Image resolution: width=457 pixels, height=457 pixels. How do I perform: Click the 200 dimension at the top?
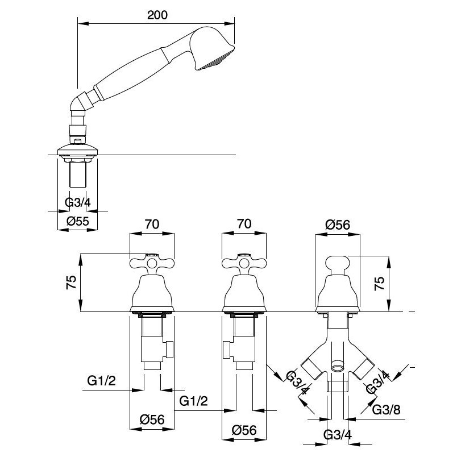tap(157, 15)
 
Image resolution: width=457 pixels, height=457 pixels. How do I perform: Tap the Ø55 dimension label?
tap(77, 221)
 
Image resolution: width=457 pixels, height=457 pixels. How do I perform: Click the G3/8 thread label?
tap(387, 410)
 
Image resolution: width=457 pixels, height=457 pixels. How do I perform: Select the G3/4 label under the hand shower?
tap(77, 202)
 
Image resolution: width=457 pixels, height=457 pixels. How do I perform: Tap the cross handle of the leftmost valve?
tap(152, 264)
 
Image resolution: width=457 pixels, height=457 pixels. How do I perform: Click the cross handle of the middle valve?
tap(244, 264)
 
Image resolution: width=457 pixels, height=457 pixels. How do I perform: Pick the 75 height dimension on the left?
tap(72, 282)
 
